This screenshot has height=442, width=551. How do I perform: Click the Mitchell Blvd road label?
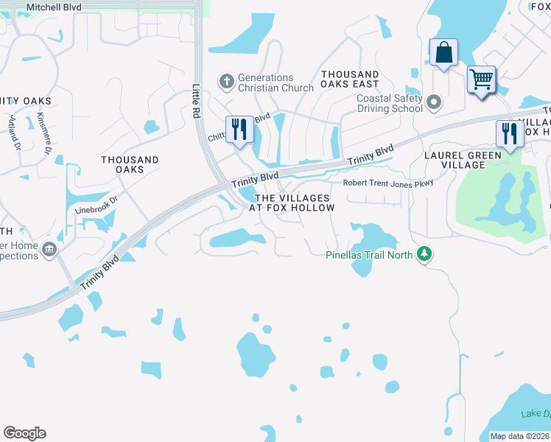[x=54, y=7]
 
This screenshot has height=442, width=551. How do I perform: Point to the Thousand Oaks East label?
[x=350, y=80]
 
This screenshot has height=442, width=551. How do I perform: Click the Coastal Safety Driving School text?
[x=389, y=103]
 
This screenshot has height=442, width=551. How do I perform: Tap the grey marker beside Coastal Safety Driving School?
[x=435, y=102]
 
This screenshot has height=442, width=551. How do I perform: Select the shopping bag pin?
[x=443, y=53]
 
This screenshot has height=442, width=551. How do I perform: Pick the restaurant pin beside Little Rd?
[x=239, y=130]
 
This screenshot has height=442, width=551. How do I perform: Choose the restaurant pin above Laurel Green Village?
[x=510, y=134]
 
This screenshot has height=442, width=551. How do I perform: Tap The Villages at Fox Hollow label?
[x=292, y=203]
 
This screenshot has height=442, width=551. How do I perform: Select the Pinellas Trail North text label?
[x=370, y=255]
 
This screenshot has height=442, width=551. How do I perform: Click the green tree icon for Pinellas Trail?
[x=424, y=255]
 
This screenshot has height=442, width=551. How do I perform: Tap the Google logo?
[x=24, y=433]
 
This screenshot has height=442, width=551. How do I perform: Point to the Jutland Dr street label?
[x=14, y=130]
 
